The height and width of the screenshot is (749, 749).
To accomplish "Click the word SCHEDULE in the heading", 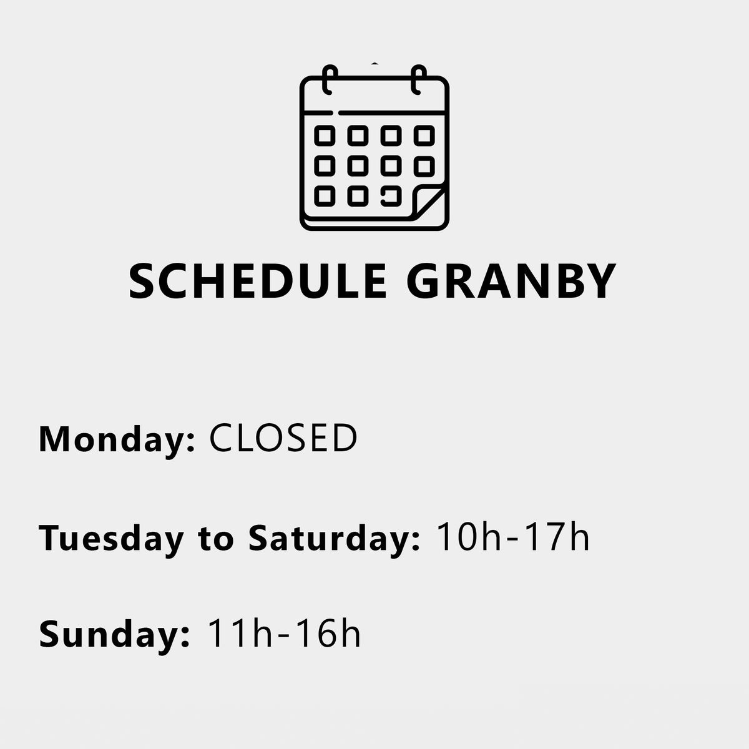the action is (258, 281).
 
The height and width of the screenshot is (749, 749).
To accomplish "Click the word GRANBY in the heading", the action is (511, 281).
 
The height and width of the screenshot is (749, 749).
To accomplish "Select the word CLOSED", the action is (283, 438).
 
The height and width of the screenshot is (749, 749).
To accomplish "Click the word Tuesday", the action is (111, 538).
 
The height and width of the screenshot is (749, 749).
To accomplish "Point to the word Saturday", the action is (328, 538).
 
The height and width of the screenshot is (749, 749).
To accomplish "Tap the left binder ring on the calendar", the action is (330, 80).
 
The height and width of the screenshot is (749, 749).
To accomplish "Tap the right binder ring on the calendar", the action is (419, 80).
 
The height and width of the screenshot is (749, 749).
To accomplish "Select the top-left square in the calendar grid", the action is (325, 135).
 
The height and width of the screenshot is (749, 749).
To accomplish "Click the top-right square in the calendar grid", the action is (424, 135).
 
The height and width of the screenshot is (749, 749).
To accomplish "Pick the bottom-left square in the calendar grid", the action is (325, 196).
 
